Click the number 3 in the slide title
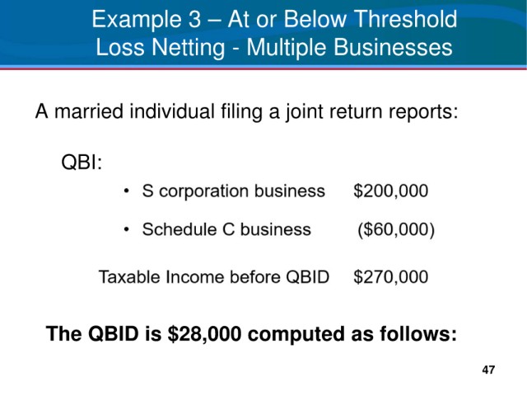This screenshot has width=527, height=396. coord(194,19)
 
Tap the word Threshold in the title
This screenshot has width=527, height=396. coord(406,19)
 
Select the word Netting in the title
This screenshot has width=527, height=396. coord(189,48)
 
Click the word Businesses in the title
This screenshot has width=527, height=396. coord(393,47)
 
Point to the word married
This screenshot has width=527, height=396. coord(89,111)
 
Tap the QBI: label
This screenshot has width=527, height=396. coord(82,162)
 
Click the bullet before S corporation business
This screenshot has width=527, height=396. coord(126,191)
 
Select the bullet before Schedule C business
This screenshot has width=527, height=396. coord(126,229)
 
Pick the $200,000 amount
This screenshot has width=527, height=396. coord(391,191)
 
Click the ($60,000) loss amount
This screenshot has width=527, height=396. coord(396,230)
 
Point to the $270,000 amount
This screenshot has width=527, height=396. coord(391,277)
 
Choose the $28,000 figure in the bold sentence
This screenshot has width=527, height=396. coord(204,334)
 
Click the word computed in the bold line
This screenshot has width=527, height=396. coord(296,335)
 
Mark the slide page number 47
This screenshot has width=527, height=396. coord(488,370)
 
